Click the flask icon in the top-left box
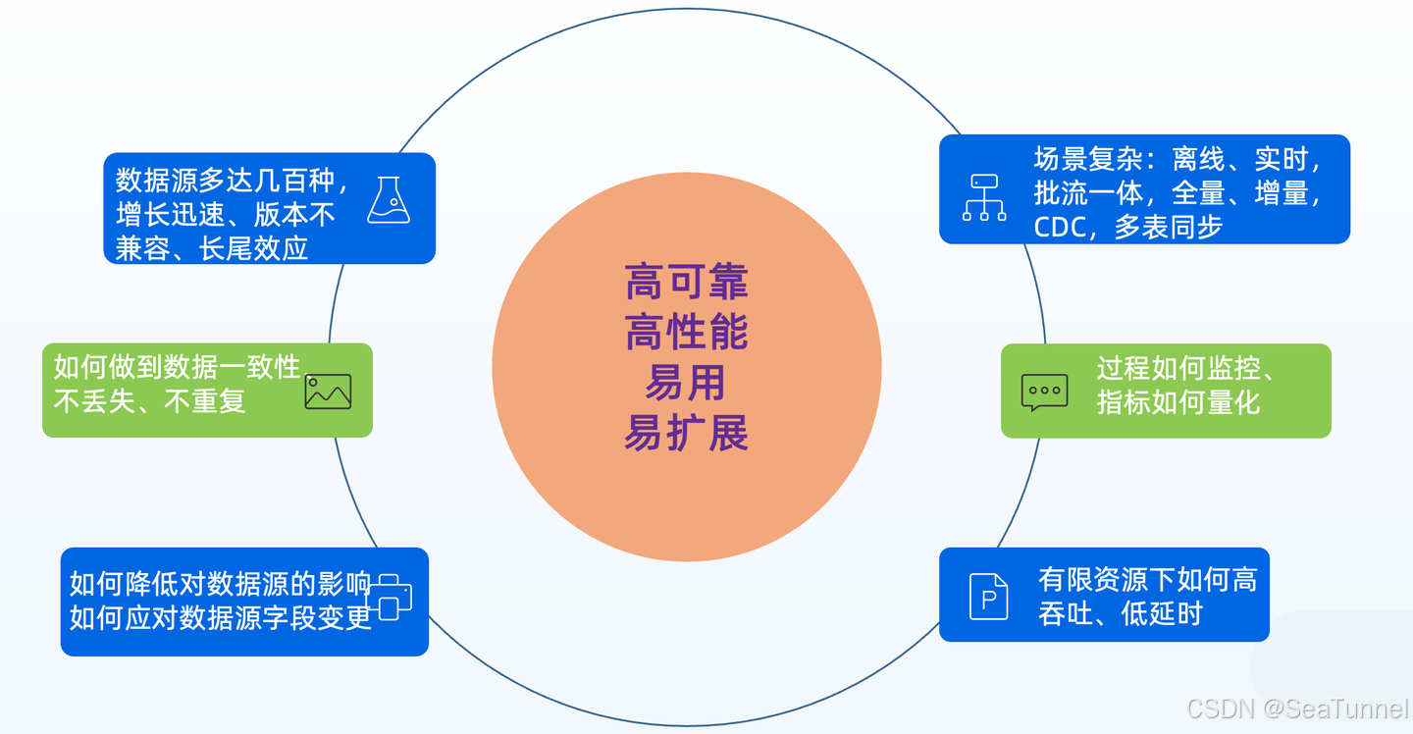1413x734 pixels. coord(389,200)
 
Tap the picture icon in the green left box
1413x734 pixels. coord(328,392)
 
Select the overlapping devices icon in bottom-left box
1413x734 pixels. coord(391,597)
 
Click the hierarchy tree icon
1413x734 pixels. coord(983,197)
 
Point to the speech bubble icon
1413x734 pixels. coord(1044,392)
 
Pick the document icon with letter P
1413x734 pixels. coord(988,596)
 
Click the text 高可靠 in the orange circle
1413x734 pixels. coord(686,283)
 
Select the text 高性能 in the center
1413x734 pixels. coord(686,333)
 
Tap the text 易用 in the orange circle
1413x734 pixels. coord(685,383)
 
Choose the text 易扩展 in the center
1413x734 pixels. coord(686,433)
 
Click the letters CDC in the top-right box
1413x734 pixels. coord(1058,228)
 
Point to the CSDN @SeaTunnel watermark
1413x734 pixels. coord(1297,708)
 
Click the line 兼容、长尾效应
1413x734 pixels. coord(212,247)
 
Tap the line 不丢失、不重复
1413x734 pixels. coord(149,401)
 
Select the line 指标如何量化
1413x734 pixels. coord(1177,402)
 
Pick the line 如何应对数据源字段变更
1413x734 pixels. coord(221,618)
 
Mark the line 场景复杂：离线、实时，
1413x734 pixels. coord(1178,159)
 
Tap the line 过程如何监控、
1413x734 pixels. coord(1185,369)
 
